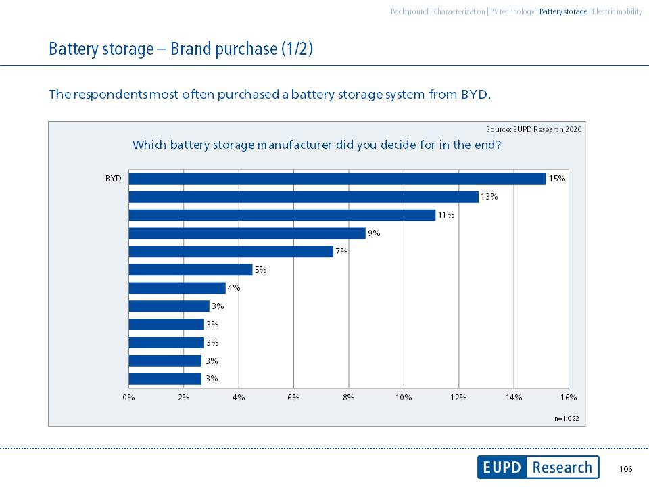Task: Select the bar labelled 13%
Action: pyautogui.click(x=304, y=197)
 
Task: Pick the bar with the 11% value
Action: pyautogui.click(x=282, y=215)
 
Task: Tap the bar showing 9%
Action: pyautogui.click(x=247, y=233)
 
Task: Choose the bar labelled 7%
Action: pyautogui.click(x=231, y=252)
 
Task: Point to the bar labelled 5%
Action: pyautogui.click(x=190, y=270)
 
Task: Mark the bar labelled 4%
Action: pyautogui.click(x=176, y=288)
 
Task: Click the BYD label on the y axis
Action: pyautogui.click(x=114, y=179)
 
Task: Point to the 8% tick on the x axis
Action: pyautogui.click(x=348, y=398)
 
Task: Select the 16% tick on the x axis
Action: pyautogui.click(x=568, y=398)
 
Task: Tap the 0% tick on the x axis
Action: pyautogui.click(x=128, y=398)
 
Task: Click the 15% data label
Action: pyautogui.click(x=556, y=179)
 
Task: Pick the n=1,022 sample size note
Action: pyautogui.click(x=567, y=419)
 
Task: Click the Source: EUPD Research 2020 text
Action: pyautogui.click(x=533, y=129)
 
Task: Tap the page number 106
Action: pyautogui.click(x=625, y=469)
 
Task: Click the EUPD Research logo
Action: pyautogui.click(x=537, y=467)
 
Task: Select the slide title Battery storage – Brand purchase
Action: pyautogui.click(x=181, y=49)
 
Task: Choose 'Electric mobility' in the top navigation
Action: pyautogui.click(x=617, y=11)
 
